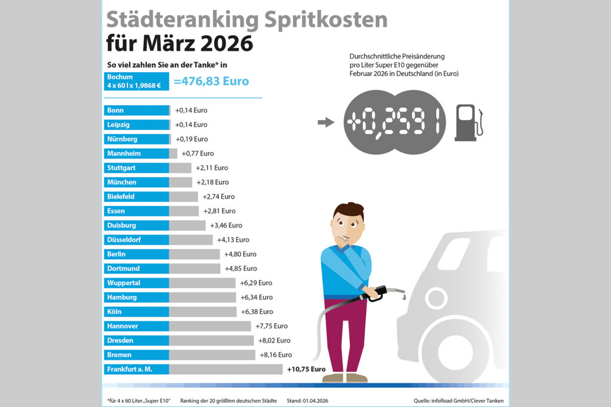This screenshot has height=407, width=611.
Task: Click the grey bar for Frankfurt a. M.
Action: point(226,369)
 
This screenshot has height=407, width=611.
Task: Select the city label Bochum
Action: point(120,77)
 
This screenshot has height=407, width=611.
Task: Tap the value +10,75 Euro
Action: point(306,369)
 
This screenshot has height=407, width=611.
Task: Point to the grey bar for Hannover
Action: point(210,326)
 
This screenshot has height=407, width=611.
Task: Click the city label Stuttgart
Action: point(122,168)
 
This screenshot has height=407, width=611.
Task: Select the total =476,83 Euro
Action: point(211,81)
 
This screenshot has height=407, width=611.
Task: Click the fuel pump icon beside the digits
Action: point(467,122)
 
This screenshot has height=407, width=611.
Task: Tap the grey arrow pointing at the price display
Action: point(325,122)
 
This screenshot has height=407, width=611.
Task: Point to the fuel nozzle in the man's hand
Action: point(382,292)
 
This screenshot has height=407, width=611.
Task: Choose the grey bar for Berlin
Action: point(195,254)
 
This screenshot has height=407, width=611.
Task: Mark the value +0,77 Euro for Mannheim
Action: point(198,153)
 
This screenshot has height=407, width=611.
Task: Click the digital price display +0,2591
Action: point(396,123)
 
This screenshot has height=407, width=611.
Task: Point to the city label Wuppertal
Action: point(124,283)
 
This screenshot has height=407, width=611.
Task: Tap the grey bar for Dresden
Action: point(211,340)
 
